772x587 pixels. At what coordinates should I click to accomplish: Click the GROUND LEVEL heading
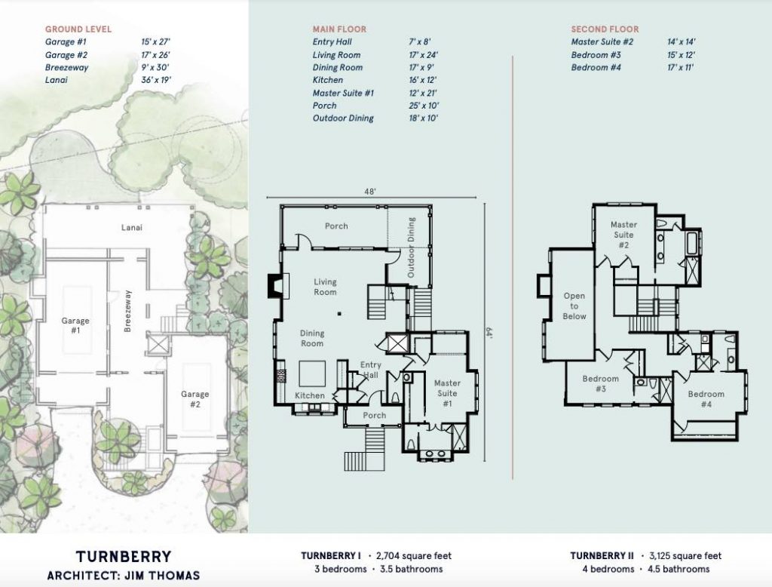tap(78, 29)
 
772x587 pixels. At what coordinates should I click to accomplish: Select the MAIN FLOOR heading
tap(339, 29)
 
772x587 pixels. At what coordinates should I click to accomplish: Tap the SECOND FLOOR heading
tap(605, 29)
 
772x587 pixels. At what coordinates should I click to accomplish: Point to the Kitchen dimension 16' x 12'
tap(423, 80)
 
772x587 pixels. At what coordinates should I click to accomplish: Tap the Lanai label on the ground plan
tap(133, 226)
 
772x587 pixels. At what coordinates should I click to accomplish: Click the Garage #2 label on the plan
tap(195, 398)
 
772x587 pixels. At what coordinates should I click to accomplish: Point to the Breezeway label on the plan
tap(127, 311)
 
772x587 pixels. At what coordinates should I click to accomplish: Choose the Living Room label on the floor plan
tap(325, 287)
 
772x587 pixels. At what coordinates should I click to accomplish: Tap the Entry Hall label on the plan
tap(370, 370)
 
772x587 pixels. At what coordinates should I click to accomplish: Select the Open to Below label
tap(574, 306)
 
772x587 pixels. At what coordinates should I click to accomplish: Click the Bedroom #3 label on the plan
tap(600, 384)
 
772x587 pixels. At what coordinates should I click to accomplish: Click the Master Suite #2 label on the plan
tap(623, 235)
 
